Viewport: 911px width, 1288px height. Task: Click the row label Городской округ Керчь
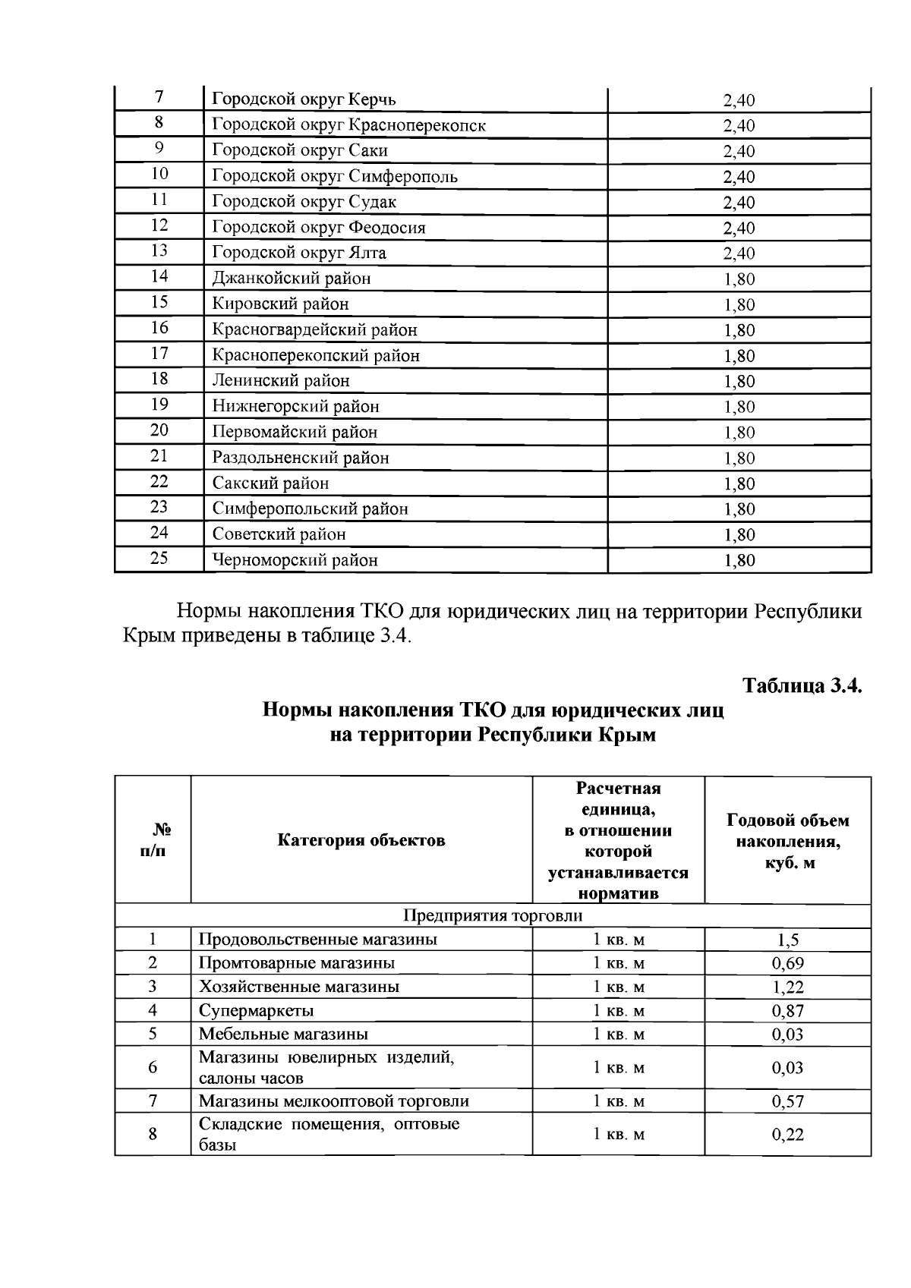(x=304, y=99)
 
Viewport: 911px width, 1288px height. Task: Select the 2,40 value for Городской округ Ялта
(x=739, y=254)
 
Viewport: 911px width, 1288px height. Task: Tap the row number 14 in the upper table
(x=159, y=277)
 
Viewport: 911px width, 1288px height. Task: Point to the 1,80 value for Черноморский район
(x=739, y=561)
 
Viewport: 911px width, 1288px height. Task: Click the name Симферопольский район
(x=310, y=509)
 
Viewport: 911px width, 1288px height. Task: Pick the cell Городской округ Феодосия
(x=319, y=227)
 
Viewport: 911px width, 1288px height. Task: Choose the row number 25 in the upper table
(x=159, y=559)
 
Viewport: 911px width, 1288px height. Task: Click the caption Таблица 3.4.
(x=802, y=685)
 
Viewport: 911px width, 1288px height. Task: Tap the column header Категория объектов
(x=361, y=840)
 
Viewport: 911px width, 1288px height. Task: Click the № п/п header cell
(x=153, y=840)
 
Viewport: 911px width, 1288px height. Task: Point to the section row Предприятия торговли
(x=492, y=915)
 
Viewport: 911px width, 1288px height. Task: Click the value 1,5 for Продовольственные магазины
(x=787, y=940)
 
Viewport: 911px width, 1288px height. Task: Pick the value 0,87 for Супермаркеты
(x=787, y=1011)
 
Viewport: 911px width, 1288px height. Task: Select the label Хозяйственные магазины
(x=298, y=987)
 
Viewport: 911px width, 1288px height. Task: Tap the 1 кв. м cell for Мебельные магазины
(x=618, y=1034)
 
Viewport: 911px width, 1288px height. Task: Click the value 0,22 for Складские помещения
(x=787, y=1135)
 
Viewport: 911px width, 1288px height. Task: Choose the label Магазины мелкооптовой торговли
(x=334, y=1101)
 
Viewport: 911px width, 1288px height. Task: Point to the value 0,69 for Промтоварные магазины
(x=787, y=964)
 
